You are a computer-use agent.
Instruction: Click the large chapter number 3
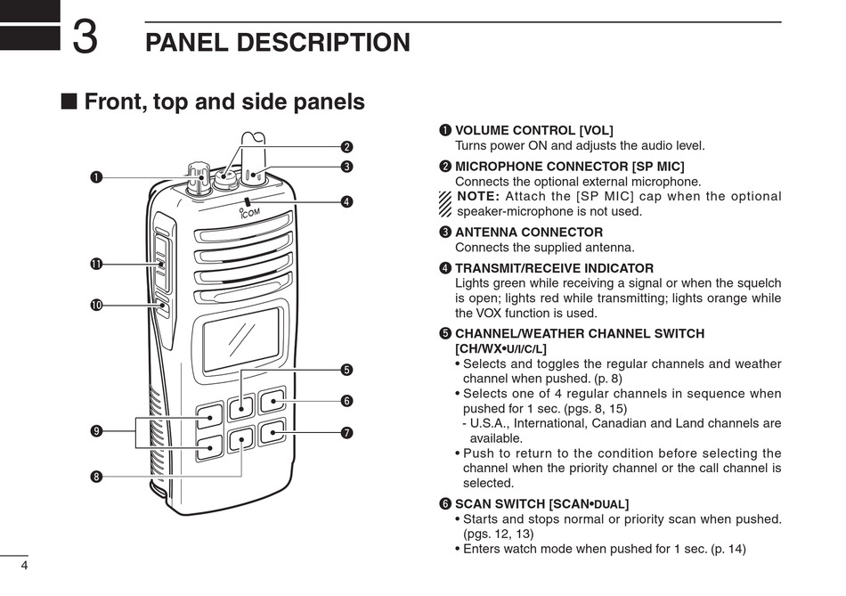pos(85,37)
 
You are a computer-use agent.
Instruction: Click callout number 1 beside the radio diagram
pos(95,176)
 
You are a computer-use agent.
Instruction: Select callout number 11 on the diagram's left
pos(95,264)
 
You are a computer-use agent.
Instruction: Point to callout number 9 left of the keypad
pos(95,432)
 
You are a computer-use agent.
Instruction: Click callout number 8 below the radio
pos(95,477)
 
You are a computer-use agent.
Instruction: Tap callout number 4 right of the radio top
pos(346,201)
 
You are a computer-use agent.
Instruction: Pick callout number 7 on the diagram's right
pos(346,433)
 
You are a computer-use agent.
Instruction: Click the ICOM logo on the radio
pos(250,212)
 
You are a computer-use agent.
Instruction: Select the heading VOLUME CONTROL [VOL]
pos(533,131)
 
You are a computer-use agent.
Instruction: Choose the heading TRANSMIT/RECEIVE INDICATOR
pos(554,268)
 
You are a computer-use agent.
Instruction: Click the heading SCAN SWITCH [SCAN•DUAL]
pos(541,504)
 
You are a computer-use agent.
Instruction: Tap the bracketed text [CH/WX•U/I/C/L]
pos(500,348)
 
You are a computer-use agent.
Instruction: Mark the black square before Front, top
pos(69,102)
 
